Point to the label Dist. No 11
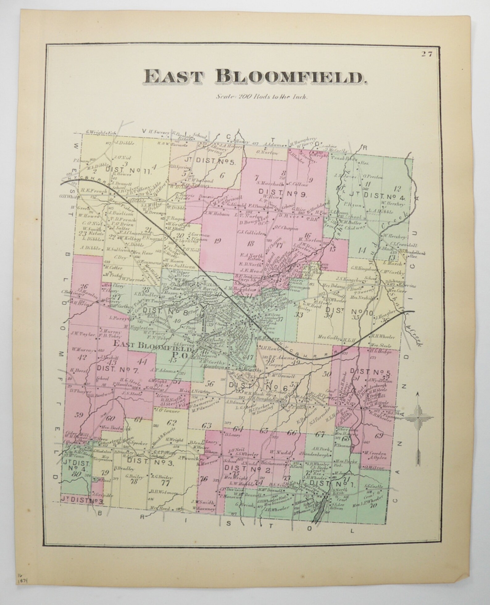[129, 170]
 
